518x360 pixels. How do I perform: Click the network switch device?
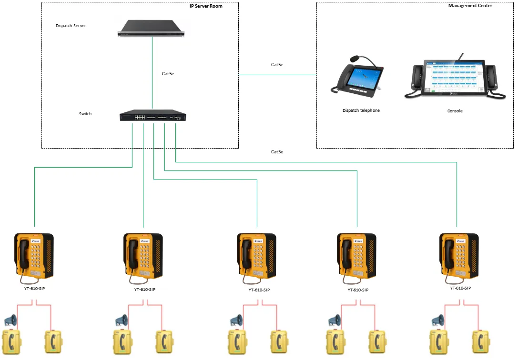tap(152, 116)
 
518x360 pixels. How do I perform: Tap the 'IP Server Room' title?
tap(206, 6)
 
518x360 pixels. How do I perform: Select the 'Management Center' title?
tap(470, 6)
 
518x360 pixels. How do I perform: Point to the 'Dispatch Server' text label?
tap(71, 26)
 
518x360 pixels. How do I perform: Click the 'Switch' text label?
tap(85, 114)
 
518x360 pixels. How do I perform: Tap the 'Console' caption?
tap(455, 111)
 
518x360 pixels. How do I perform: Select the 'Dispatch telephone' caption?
tap(361, 110)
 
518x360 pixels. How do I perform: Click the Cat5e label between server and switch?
tap(168, 73)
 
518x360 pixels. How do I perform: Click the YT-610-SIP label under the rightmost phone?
tap(460, 288)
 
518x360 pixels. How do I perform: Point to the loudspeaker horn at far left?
tap(10, 320)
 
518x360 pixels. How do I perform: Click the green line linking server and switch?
tap(152, 71)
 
